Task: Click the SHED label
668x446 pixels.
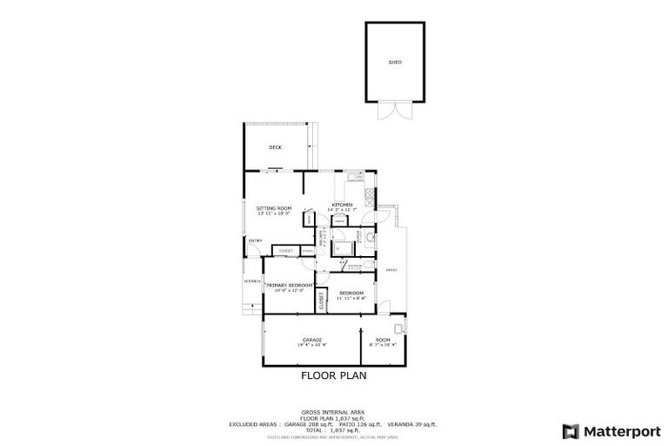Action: tap(395, 63)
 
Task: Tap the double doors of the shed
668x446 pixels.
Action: tap(394, 112)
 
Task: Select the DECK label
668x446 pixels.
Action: tap(275, 147)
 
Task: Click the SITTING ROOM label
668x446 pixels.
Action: tap(273, 207)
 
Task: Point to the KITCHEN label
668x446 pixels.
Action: tap(342, 205)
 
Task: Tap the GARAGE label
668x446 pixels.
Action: tap(311, 339)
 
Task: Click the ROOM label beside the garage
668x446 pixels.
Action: tap(383, 339)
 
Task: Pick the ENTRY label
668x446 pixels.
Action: tap(256, 240)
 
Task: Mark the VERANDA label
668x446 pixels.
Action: tap(251, 281)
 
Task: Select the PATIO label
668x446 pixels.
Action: tap(391, 270)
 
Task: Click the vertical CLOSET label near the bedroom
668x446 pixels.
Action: tap(322, 301)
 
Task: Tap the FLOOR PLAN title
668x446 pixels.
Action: tap(334, 376)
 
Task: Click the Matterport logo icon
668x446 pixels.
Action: tap(571, 430)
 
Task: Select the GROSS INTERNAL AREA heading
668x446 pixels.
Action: tap(333, 411)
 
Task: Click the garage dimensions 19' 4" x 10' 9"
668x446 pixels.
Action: tap(311, 345)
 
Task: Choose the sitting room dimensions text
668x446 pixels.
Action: tap(273, 213)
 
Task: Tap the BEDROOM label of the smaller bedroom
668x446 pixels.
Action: tap(351, 292)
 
